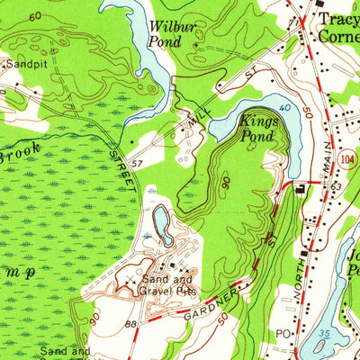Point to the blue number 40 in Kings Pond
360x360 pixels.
tap(283, 108)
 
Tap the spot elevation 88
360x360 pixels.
tap(130, 324)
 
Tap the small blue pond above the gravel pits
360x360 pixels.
tap(162, 223)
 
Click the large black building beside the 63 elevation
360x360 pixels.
tap(300, 187)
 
